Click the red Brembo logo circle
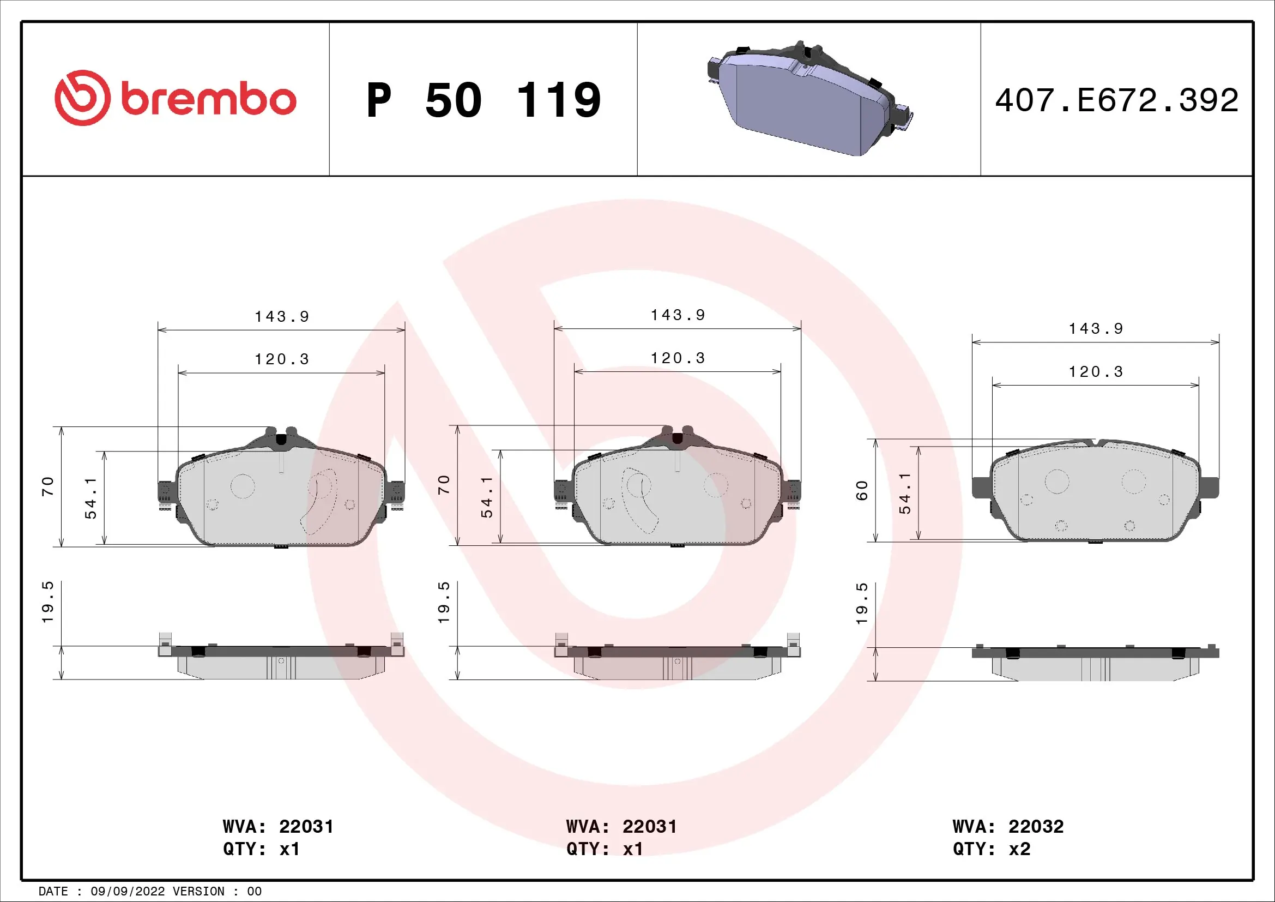point(82,98)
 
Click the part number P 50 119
point(483,100)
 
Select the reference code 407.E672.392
point(1116,100)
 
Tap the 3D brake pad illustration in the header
point(810,99)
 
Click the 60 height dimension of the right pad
point(861,490)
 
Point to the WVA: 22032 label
point(1008,826)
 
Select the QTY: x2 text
point(991,849)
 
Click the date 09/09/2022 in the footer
point(127,892)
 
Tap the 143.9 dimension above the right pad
point(1096,329)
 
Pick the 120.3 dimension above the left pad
point(281,359)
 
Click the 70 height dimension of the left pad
point(48,486)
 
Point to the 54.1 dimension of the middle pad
point(486,497)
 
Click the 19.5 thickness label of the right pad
point(861,604)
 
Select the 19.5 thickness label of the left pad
point(48,603)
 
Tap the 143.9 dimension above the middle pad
point(678,315)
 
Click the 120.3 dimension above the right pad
point(1096,372)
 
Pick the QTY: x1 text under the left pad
point(261,849)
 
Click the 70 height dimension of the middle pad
point(444,485)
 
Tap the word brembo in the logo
point(208,100)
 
